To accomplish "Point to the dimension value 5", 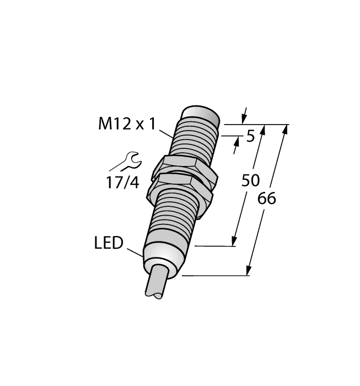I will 250,136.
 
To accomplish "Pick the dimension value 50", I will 251,180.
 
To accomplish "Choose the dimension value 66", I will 267,199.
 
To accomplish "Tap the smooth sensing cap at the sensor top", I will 202,117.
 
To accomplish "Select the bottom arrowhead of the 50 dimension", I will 234,241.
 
